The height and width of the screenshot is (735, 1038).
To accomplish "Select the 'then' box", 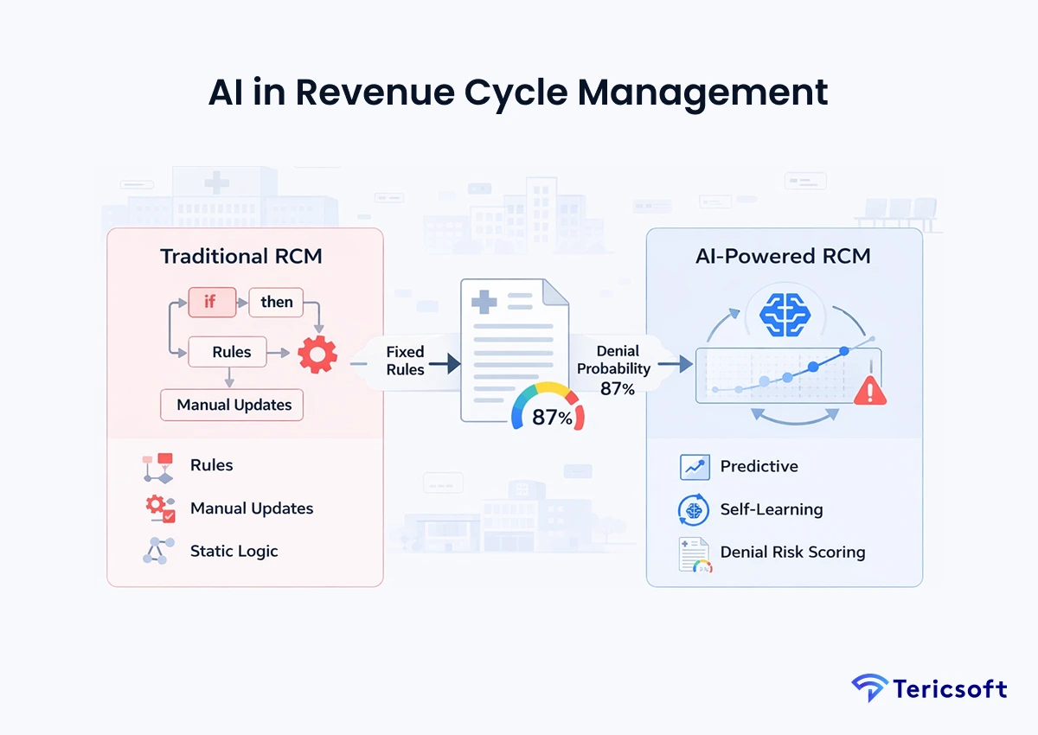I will pyautogui.click(x=277, y=302).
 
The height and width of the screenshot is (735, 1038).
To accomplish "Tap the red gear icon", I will pyautogui.click(x=317, y=354).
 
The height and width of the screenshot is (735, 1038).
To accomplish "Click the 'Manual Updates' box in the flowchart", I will pyautogui.click(x=234, y=405).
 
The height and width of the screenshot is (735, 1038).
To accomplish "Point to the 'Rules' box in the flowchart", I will pyautogui.click(x=231, y=352).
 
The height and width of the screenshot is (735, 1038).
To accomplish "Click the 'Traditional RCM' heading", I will pyautogui.click(x=239, y=257).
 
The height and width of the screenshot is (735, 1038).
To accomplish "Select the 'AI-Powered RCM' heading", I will pyautogui.click(x=783, y=257).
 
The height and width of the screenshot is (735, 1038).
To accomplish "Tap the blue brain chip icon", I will pyautogui.click(x=783, y=313).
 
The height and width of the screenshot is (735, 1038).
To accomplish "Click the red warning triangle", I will pyautogui.click(x=869, y=391).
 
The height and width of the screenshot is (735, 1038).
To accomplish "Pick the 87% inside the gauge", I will pyautogui.click(x=550, y=418).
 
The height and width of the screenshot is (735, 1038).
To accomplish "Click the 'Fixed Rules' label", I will pyautogui.click(x=405, y=361).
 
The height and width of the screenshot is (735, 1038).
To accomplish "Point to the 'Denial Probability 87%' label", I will pyautogui.click(x=618, y=369).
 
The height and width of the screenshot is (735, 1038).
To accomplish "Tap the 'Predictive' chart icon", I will pyautogui.click(x=695, y=467).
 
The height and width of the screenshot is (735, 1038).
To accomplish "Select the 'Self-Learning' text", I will pyautogui.click(x=771, y=509).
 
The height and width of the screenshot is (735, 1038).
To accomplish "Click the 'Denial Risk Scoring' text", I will pyautogui.click(x=792, y=552).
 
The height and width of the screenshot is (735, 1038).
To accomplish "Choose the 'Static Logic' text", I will pyautogui.click(x=234, y=551).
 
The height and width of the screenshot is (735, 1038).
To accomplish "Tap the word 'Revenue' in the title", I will pyautogui.click(x=407, y=93).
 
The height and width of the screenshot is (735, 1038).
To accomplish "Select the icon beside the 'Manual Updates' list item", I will pyautogui.click(x=160, y=508).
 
